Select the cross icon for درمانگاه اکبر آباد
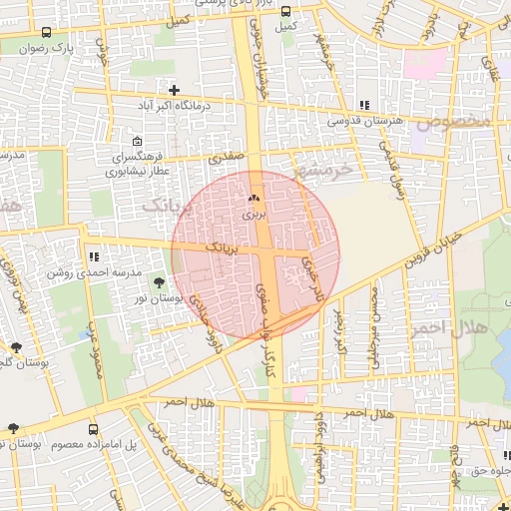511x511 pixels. pyautogui.click(x=175, y=90)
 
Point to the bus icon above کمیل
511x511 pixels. pyautogui.click(x=286, y=12)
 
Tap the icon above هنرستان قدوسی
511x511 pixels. pyautogui.click(x=364, y=105)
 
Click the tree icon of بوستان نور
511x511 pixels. pyautogui.click(x=159, y=284)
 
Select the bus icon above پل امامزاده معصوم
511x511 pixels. pyautogui.click(x=94, y=428)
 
